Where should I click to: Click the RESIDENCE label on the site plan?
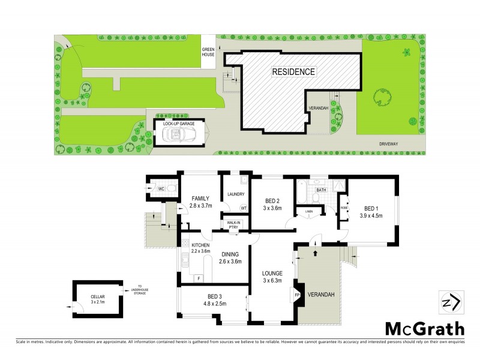[x=293, y=71]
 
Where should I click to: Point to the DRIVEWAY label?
[x=390, y=144]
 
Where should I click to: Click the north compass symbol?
[x=451, y=302]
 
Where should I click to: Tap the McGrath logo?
[x=424, y=329]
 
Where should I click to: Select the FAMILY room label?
[x=201, y=198]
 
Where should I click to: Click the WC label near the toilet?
[x=161, y=190]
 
